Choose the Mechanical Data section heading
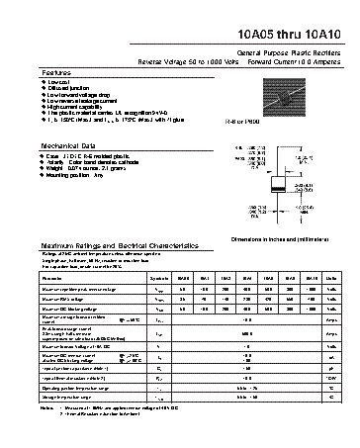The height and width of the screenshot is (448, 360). [x=68, y=145]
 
